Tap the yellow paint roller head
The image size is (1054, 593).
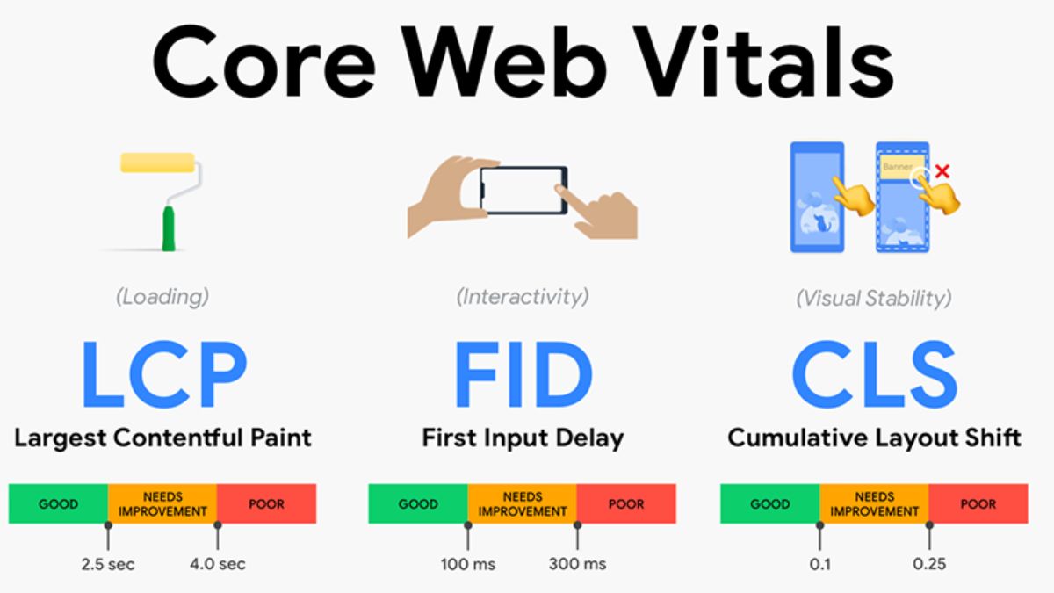click(x=157, y=162)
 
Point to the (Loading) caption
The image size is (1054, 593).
click(x=162, y=297)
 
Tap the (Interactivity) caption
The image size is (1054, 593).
click(x=523, y=297)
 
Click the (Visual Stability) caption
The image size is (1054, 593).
click(x=873, y=298)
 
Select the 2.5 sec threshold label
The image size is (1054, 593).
click(x=108, y=563)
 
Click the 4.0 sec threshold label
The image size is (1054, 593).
click(x=218, y=563)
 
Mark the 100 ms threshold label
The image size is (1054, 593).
click(x=468, y=563)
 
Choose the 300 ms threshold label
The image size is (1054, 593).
click(x=577, y=563)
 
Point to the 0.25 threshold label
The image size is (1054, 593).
click(x=929, y=563)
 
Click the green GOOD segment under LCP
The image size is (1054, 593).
click(x=58, y=504)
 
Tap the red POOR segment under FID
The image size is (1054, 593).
click(x=626, y=504)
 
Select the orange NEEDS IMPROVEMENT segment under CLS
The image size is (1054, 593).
click(x=874, y=504)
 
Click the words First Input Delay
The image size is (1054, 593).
click(x=523, y=438)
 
